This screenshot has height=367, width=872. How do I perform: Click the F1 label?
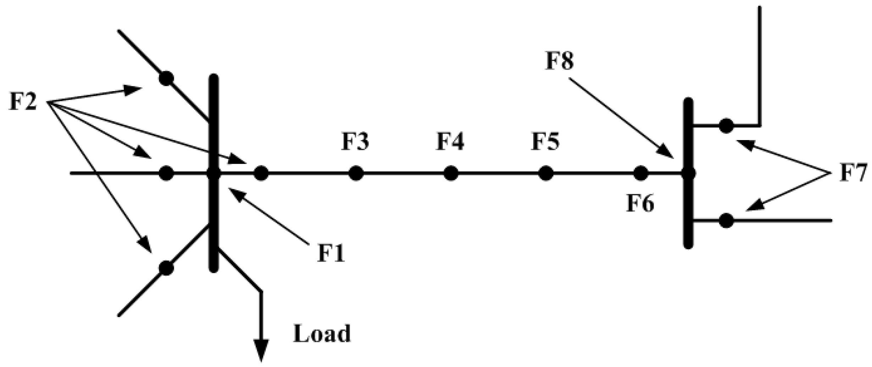pyautogui.click(x=331, y=253)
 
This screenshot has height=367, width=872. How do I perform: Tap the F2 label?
pyautogui.click(x=23, y=102)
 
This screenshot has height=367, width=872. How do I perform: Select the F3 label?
pyautogui.click(x=355, y=141)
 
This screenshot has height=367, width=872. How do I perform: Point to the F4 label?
pyautogui.click(x=450, y=141)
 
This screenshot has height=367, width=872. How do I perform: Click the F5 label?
pyautogui.click(x=545, y=141)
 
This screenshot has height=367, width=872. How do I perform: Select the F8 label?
pyautogui.click(x=559, y=61)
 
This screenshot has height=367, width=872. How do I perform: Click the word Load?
pyautogui.click(x=322, y=334)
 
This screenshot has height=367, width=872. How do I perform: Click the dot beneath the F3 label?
pyautogui.click(x=356, y=173)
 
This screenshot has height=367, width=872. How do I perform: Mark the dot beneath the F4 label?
pyautogui.click(x=451, y=173)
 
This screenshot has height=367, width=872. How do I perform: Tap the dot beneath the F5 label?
pyautogui.click(x=546, y=173)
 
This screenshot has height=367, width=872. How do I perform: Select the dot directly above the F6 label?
pyautogui.click(x=641, y=173)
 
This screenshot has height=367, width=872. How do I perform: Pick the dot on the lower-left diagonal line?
pyautogui.click(x=166, y=268)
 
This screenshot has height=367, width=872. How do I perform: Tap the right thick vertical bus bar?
pyautogui.click(x=688, y=213)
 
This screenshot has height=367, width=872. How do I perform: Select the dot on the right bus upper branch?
pyautogui.click(x=726, y=126)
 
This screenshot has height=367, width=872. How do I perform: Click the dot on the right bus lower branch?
pyautogui.click(x=726, y=221)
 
